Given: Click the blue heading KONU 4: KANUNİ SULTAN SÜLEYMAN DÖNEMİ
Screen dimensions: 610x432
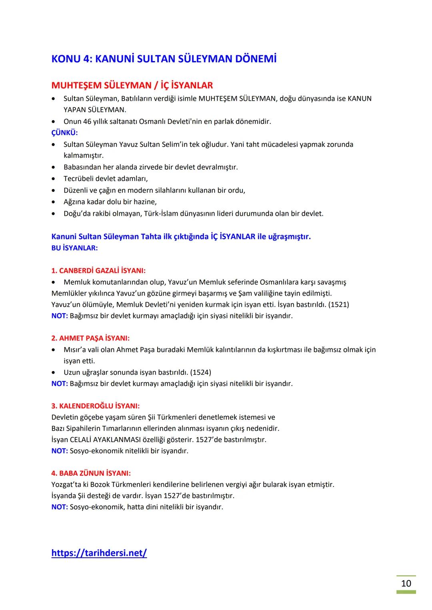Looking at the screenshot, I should tap(164, 59).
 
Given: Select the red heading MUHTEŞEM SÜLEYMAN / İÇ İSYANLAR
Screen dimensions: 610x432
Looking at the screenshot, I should tap(132, 85).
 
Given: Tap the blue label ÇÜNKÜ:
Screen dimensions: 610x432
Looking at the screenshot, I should tap(64, 133).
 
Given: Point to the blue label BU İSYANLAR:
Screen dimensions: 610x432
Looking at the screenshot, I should tap(74, 248).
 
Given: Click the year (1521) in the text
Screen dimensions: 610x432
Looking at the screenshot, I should tap(338, 305).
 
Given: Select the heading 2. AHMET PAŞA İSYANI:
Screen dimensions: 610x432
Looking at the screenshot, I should tap(90, 338).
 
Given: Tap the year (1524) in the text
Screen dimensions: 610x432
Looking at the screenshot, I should tap(201, 372).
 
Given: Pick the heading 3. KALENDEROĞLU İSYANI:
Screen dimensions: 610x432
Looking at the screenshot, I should tap(96, 406).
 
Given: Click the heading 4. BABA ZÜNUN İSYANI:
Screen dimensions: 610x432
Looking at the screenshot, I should tap(91, 473).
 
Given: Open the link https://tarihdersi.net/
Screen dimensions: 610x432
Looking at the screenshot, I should tap(99, 553).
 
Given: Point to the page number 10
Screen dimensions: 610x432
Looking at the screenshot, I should tap(406, 584).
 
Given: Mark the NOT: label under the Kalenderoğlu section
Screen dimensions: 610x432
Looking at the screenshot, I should tap(60, 451).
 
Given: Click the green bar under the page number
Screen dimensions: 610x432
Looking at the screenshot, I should tap(406, 592).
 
